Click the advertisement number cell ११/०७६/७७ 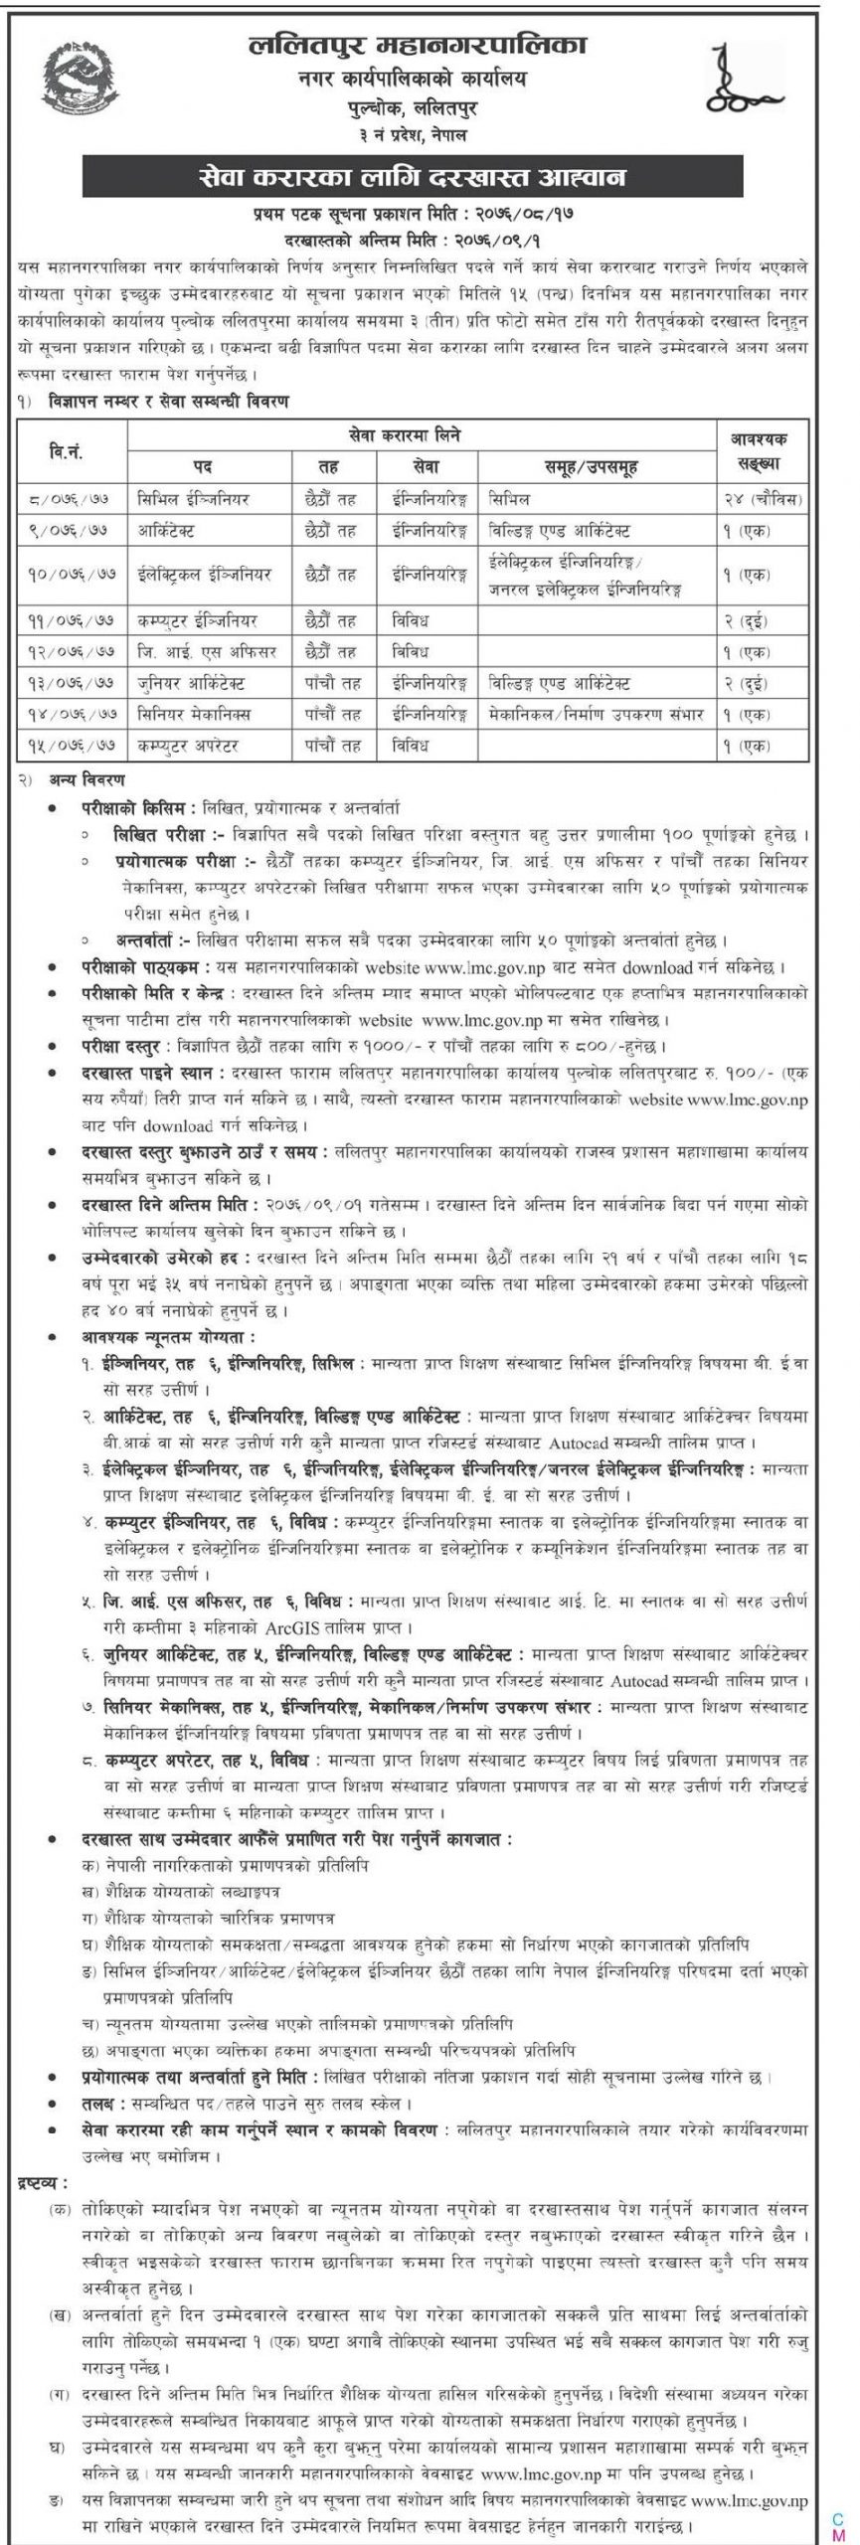71,618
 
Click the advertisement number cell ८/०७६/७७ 71,497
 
